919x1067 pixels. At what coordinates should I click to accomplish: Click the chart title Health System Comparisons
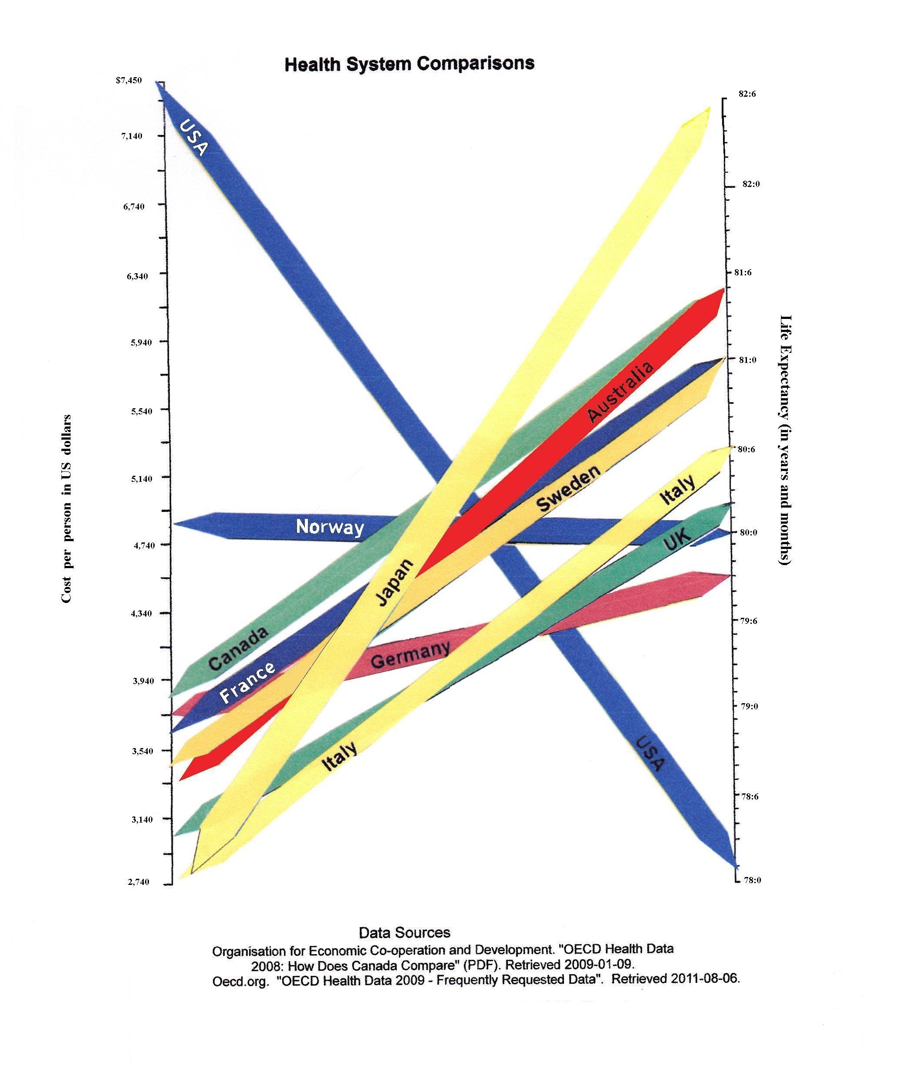tap(409, 64)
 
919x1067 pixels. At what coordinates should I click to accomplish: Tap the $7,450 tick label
tap(129, 80)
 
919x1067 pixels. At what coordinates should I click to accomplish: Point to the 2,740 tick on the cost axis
tap(139, 881)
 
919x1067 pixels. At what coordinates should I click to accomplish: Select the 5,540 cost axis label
tap(139, 411)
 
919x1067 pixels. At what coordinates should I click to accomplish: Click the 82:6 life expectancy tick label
tap(747, 94)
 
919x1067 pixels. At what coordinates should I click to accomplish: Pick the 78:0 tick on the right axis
tap(752, 880)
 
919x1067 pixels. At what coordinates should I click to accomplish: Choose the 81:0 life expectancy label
tap(747, 360)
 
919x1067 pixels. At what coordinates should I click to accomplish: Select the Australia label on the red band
tap(620, 391)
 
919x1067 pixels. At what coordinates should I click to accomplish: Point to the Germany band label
tap(410, 655)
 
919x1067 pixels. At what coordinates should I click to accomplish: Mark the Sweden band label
tap(568, 488)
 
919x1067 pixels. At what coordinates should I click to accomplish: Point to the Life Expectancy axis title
tap(784, 441)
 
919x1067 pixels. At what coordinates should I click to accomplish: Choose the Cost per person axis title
tap(66, 508)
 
